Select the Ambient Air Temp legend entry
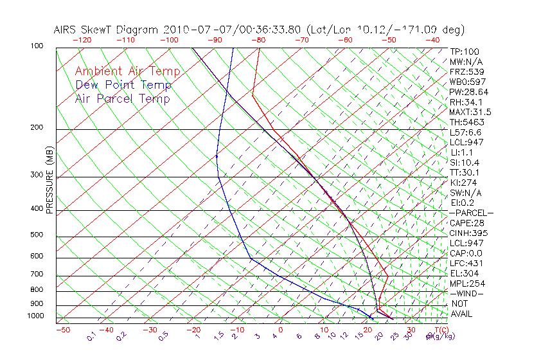tap(128, 71)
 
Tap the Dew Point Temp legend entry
tap(123, 85)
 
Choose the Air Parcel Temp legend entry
tap(122, 98)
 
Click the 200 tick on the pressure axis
tap(37, 128)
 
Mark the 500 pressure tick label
tap(37, 235)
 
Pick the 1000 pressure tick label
tap(35, 316)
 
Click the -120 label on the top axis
tap(82, 40)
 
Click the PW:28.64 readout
tap(468, 92)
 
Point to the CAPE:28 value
tap(466, 223)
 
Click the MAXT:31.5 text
tap(470, 112)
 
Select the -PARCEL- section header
tap(471, 213)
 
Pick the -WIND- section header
tap(467, 294)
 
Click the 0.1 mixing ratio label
tap(91, 336)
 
